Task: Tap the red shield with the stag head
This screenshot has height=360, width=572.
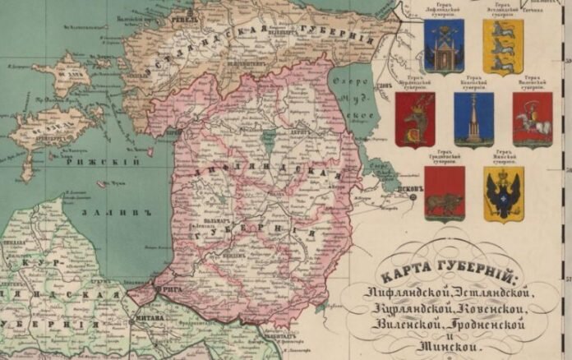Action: pos(415,120)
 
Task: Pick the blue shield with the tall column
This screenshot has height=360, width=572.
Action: pos(473,118)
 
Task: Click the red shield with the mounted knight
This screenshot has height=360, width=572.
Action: pos(533,118)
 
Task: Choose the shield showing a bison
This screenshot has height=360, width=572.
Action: pos(445,193)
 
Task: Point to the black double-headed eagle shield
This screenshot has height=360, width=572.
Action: pos(503,195)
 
